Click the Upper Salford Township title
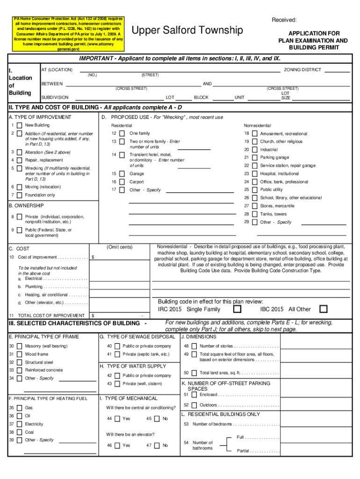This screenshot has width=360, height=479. (x=188, y=31)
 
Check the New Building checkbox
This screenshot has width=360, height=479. (x=19, y=125)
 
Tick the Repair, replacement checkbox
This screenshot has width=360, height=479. (x=19, y=160)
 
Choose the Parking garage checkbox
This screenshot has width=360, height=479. (x=254, y=158)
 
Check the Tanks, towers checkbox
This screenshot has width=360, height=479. (x=254, y=214)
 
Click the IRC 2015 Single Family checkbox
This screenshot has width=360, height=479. (x=238, y=309)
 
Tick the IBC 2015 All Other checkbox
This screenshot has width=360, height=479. (x=323, y=309)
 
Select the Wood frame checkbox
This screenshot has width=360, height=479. (x=19, y=354)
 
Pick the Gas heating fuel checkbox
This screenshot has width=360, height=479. (x=19, y=408)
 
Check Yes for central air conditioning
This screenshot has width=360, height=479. (x=117, y=419)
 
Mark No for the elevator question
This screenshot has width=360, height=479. (x=156, y=446)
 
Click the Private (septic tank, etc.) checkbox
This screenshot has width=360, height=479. (x=117, y=354)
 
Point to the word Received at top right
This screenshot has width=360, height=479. (x=284, y=20)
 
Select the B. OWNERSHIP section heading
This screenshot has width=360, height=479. (x=27, y=205)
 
